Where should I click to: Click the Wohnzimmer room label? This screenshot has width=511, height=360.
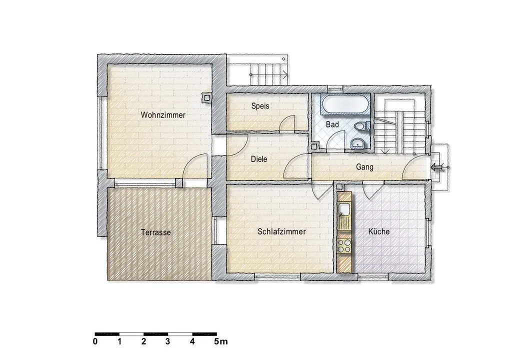click(163, 115)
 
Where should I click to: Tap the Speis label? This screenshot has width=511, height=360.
click(260, 106)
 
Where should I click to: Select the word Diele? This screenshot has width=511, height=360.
click(259, 159)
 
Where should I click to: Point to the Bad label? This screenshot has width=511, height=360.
click(332, 124)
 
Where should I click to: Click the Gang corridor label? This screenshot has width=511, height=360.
click(364, 167)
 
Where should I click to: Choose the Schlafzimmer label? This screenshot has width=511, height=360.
click(281, 231)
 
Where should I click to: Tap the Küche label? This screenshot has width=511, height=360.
click(379, 231)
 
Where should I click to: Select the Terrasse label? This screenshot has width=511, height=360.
click(156, 232)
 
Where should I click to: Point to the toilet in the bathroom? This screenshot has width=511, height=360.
click(361, 126)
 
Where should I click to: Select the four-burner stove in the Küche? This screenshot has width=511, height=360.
click(344, 246)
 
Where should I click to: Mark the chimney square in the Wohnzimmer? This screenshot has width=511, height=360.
click(206, 97)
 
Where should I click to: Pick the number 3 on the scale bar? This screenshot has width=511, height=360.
click(167, 342)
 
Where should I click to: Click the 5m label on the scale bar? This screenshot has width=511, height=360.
click(221, 342)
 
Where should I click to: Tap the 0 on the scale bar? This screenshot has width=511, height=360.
click(95, 342)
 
